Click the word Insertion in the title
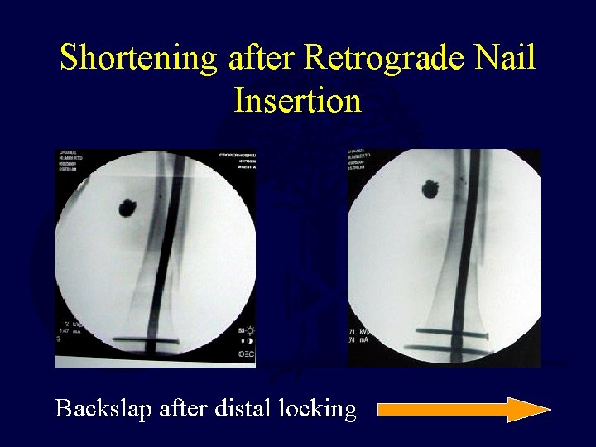coord(297,100)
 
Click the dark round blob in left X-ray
coord(129,206)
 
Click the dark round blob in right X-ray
coord(433,191)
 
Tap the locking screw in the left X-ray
coord(145,340)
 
